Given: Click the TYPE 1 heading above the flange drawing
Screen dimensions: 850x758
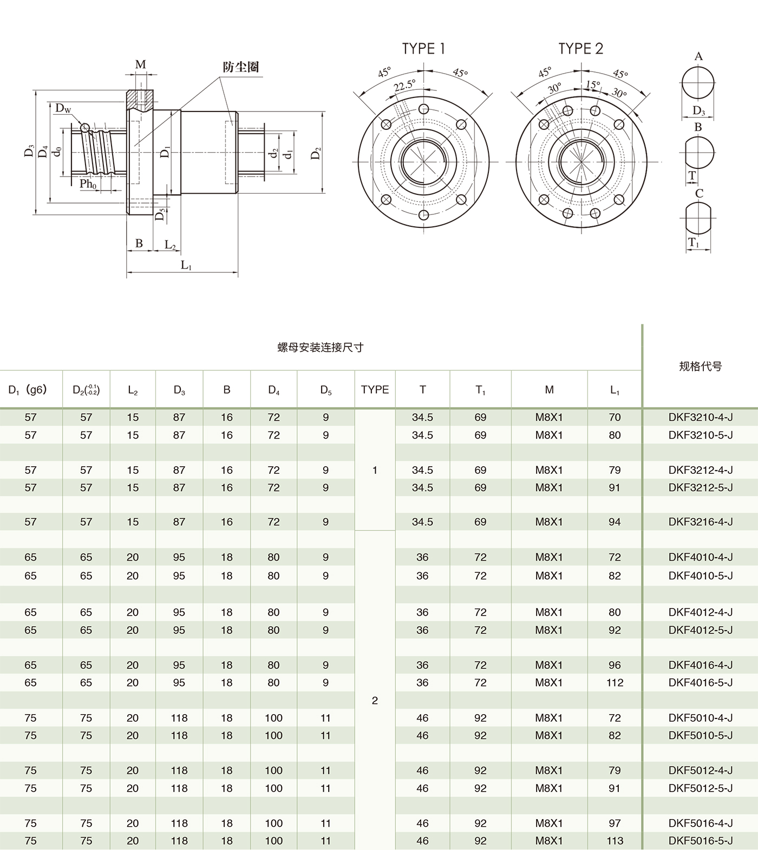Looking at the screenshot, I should tap(423, 49).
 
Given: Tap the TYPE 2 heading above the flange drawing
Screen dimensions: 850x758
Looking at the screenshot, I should tap(580, 49).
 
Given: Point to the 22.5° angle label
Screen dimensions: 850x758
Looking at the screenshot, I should tap(404, 86).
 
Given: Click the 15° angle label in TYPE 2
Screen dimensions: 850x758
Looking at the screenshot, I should tap(593, 85).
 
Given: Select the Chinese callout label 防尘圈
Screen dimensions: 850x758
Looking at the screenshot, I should tap(241, 67).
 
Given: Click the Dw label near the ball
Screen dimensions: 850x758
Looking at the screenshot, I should tap(63, 108).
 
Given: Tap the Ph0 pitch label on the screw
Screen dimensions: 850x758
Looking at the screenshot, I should tap(88, 184).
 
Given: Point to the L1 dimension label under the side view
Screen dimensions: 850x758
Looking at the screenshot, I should tap(186, 265).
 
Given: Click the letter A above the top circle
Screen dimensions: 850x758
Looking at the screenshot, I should tap(698, 56).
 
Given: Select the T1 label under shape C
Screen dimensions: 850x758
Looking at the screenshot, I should tap(694, 244).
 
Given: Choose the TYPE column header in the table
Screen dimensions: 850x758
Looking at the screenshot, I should tap(375, 389).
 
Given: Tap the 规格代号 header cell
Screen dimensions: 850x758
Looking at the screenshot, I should tap(700, 367).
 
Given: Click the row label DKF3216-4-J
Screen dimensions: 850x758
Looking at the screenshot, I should tap(700, 522).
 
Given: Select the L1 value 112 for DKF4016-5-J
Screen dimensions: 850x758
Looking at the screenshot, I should tap(615, 683).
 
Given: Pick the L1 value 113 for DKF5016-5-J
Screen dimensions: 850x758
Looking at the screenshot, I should tap(615, 841).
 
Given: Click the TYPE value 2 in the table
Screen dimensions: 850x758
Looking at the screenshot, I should tap(375, 701).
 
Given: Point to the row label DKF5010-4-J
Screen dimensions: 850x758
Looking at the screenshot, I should tap(700, 718).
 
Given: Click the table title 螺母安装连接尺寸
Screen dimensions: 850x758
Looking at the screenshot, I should tap(320, 348).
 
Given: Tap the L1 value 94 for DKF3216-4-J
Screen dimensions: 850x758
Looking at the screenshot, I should tap(615, 522).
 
